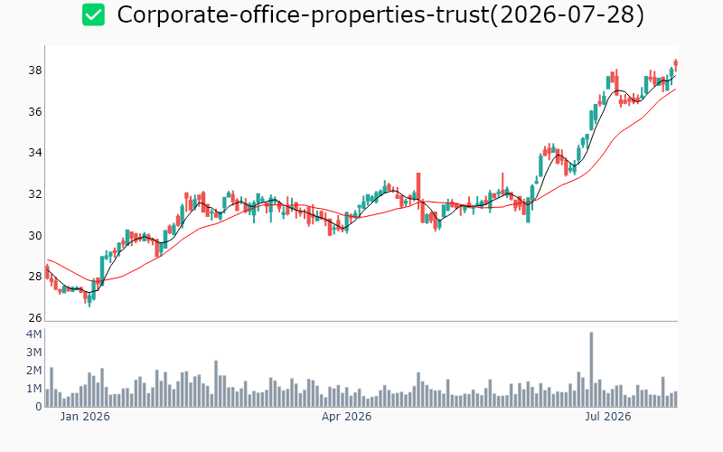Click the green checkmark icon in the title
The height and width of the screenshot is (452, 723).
pyautogui.click(x=93, y=14)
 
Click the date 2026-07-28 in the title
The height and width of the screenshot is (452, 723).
pyautogui.click(x=567, y=14)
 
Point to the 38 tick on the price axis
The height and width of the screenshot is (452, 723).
pyautogui.click(x=35, y=71)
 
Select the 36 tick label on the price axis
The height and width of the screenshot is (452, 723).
pyautogui.click(x=35, y=112)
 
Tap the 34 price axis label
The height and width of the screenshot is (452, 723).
pyautogui.click(x=35, y=153)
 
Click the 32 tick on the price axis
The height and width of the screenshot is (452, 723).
pyautogui.click(x=35, y=194)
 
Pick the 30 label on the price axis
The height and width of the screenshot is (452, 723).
pyautogui.click(x=35, y=236)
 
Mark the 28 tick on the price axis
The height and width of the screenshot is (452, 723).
pyautogui.click(x=35, y=277)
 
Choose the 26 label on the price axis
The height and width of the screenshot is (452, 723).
pyautogui.click(x=35, y=318)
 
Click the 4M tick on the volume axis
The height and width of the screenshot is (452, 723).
pyautogui.click(x=34, y=334)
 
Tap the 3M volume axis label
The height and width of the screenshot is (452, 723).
pyautogui.click(x=34, y=353)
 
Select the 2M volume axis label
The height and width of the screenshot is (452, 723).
pyautogui.click(x=34, y=371)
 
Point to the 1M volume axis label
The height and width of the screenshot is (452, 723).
pyautogui.click(x=34, y=389)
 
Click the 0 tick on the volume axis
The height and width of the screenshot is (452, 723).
pyautogui.click(x=39, y=407)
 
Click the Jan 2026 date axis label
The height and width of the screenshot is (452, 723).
pyautogui.click(x=85, y=417)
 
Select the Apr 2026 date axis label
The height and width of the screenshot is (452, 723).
pyautogui.click(x=346, y=417)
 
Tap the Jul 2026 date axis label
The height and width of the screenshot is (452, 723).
pyautogui.click(x=607, y=417)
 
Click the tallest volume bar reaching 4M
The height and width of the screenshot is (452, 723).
pyautogui.click(x=591, y=370)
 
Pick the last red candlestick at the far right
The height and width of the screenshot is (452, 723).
pyautogui.click(x=675, y=64)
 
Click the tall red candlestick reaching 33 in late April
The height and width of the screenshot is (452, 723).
pyautogui.click(x=418, y=197)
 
